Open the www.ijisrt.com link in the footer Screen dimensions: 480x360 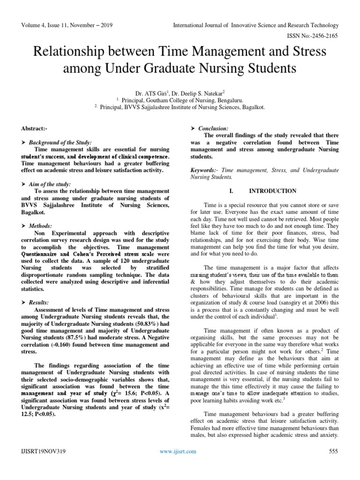pyautogui.click(x=178, y=451)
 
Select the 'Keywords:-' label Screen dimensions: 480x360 pyautogui.click(x=204, y=170)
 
